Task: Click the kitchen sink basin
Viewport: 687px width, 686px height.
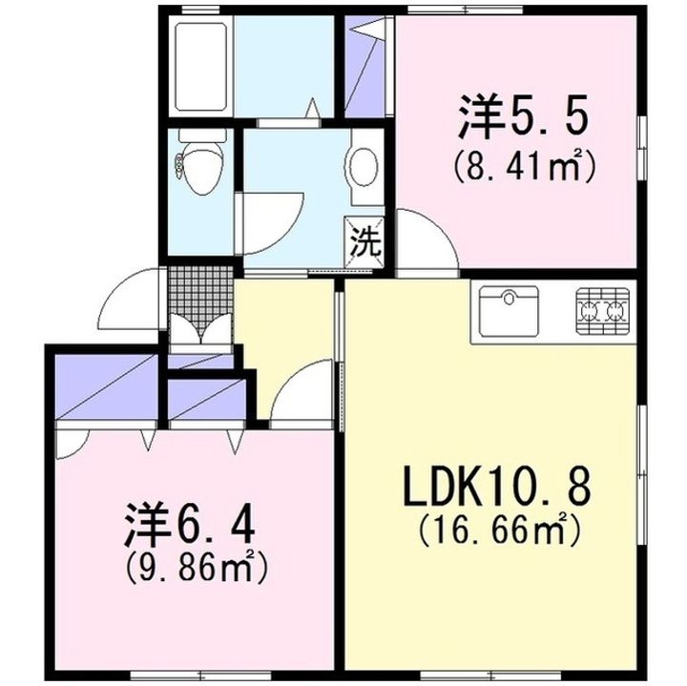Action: click(509, 311)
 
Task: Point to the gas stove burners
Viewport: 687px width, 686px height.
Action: click(602, 310)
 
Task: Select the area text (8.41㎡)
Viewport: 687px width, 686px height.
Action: click(524, 165)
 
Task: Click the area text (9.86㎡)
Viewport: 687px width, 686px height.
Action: click(196, 568)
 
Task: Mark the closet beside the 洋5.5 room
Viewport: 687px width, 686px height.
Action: click(364, 67)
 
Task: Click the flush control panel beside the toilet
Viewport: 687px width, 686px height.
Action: click(179, 167)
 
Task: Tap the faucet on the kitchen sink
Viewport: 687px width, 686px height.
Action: click(509, 298)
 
